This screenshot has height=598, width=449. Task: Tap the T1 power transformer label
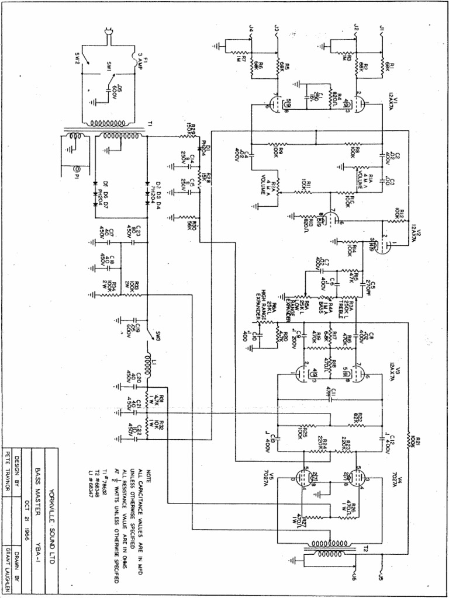[x=151, y=124]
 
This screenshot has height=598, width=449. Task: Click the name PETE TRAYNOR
[x=9, y=472]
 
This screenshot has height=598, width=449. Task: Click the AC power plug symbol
[x=109, y=36]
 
